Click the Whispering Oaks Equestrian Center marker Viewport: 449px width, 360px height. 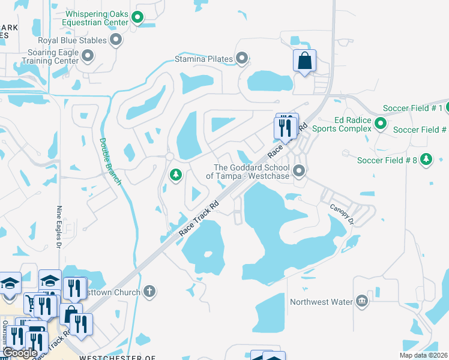pos(137,18)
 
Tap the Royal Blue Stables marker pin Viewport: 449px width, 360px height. pos(116,41)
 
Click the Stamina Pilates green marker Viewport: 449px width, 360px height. pos(242,59)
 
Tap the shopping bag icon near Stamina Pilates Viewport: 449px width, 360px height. pos(304,61)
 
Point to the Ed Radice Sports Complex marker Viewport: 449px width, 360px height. pos(380,124)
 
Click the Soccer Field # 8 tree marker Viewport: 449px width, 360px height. pos(426,160)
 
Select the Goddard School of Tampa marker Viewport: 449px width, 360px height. pos(298,172)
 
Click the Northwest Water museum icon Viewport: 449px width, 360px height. pos(362,301)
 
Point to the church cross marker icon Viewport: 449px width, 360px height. pos(149,292)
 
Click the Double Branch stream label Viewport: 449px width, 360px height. pos(111,162)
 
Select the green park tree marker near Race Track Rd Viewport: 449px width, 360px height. pos(175,175)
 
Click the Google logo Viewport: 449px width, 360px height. pos(20,353)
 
